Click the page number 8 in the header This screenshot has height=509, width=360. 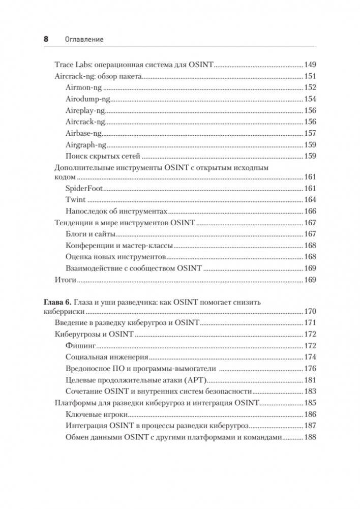point(46,39)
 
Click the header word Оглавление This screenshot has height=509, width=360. point(84,39)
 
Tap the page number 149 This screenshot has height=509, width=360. point(310,65)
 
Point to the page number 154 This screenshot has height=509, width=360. point(310,99)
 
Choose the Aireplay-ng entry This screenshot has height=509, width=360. point(85,110)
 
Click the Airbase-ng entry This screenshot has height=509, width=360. point(84,133)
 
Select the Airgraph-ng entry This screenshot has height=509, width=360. point(86,144)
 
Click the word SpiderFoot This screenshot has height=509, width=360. point(84,188)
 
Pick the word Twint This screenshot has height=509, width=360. point(75,199)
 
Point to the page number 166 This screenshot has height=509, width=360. point(310,211)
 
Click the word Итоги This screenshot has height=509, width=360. point(65,280)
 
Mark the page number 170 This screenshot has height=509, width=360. point(310,312)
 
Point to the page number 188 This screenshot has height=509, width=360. point(310,437)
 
